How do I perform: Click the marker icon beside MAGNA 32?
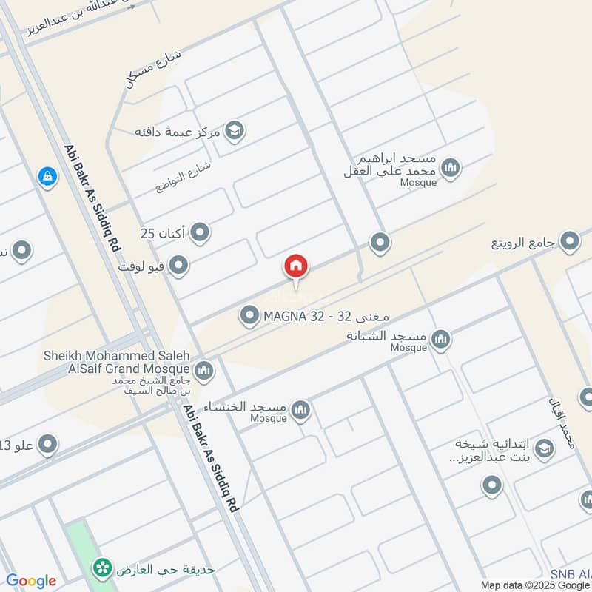[249, 317]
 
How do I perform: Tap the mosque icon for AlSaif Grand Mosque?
[204, 369]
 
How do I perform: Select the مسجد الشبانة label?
[386, 337]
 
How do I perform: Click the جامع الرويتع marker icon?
[569, 241]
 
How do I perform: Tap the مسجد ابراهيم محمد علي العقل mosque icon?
[450, 169]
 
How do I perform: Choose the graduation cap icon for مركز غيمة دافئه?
[235, 132]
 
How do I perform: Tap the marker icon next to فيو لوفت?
[178, 264]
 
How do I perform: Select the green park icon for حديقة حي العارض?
[102, 568]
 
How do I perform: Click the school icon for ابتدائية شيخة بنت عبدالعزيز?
[544, 448]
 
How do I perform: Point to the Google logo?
[31, 581]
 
